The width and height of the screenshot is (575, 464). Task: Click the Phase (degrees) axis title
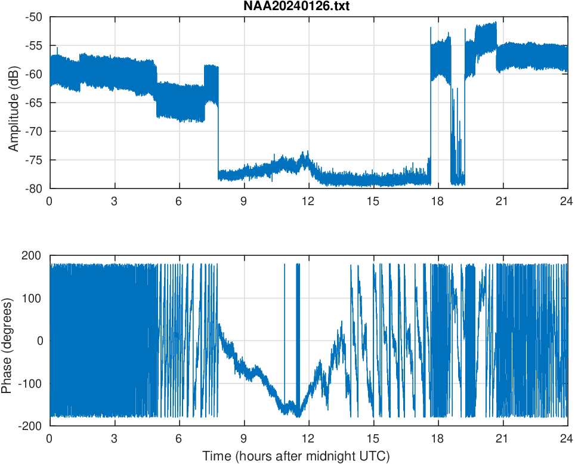pos(7,341)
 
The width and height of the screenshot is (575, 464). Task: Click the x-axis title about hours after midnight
pos(296,457)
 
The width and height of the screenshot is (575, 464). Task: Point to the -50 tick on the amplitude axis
pos(34,17)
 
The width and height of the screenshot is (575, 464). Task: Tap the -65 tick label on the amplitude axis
pos(34,103)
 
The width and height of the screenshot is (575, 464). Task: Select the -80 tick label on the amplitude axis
pos(34,188)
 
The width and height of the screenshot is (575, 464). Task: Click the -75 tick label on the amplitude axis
pos(34,160)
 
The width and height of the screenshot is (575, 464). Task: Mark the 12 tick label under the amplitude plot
pos(308,202)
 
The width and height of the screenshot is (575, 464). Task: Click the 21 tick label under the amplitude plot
pos(503,202)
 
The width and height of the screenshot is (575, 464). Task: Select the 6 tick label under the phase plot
pos(179,438)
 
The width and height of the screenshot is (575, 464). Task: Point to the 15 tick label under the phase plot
pos(373,438)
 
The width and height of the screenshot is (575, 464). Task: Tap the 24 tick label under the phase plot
pos(567,438)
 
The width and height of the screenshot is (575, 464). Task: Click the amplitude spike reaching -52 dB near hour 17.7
pos(431,29)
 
